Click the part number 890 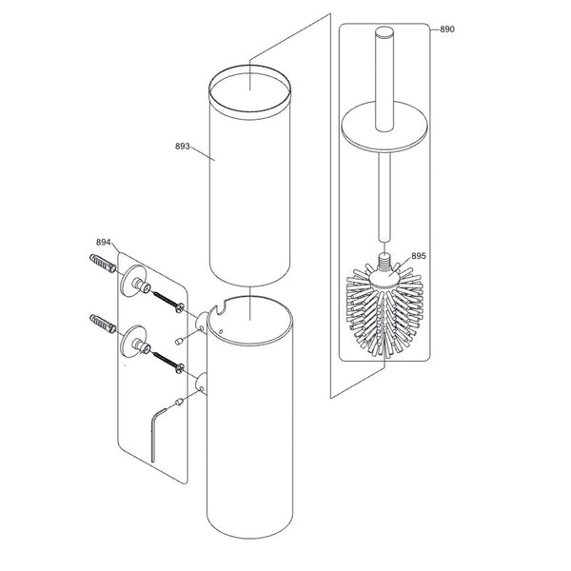(x=446, y=30)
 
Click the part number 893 (x=184, y=147)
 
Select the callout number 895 (x=418, y=256)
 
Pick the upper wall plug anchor (x=100, y=264)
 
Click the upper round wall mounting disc (x=131, y=279)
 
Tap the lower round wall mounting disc (x=131, y=341)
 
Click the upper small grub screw (x=181, y=340)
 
